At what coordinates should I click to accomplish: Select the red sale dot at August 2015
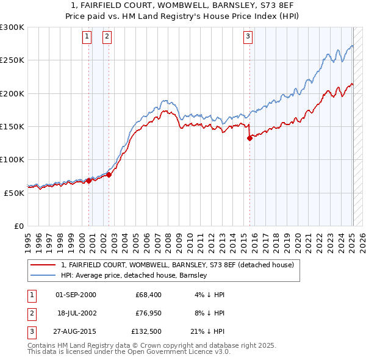point(249,139)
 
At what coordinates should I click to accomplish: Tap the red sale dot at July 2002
point(109,175)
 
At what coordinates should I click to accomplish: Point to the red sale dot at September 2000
point(88,181)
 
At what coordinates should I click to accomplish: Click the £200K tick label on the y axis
point(12,93)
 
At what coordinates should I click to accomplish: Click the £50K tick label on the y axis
point(13,193)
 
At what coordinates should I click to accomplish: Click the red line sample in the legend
point(43,265)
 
